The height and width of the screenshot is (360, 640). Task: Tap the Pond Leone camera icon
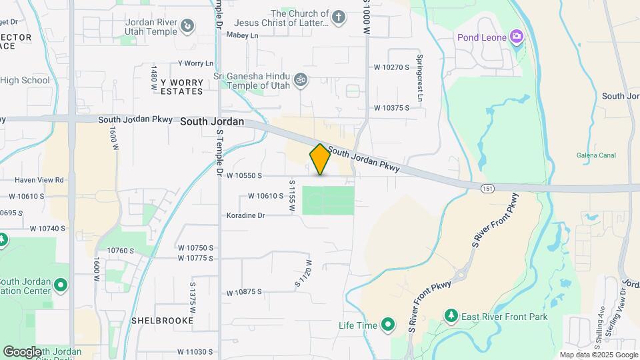[516, 35]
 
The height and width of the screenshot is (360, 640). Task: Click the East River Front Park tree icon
[452, 315]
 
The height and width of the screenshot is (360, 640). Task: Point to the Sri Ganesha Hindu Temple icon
[301, 79]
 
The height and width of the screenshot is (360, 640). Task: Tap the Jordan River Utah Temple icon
[189, 26]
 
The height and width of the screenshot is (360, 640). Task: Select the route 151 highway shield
[488, 189]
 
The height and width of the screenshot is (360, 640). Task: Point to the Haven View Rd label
[39, 179]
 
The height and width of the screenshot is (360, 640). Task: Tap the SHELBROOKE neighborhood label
[163, 321]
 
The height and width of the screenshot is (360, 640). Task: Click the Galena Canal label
[595, 155]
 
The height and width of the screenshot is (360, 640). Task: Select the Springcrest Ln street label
[420, 78]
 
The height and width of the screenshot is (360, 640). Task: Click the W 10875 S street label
[244, 292]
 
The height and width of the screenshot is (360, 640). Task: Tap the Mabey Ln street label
[242, 35]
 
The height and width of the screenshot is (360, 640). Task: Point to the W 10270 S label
[391, 67]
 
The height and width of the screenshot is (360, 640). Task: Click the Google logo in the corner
[22, 351]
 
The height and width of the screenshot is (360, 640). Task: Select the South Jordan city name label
[212, 123]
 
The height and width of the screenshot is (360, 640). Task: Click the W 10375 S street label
[391, 107]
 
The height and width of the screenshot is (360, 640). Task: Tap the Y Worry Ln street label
[195, 63]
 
